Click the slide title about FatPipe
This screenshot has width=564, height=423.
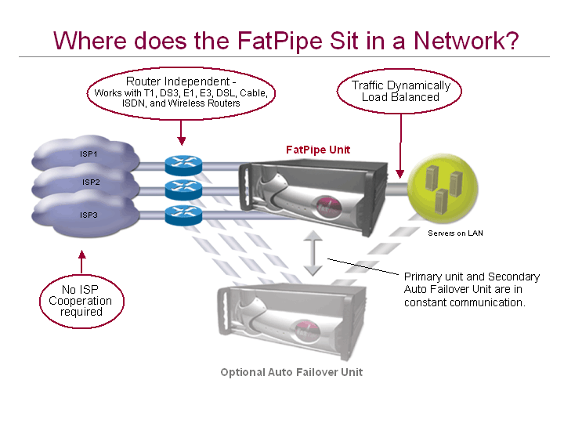[x=285, y=40]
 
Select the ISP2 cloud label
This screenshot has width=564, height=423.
[x=91, y=183]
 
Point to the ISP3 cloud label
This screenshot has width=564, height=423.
[x=88, y=214]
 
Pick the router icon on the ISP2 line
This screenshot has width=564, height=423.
[x=182, y=190]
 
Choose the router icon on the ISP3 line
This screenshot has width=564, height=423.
[x=182, y=215]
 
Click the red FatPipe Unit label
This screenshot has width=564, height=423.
[x=317, y=149]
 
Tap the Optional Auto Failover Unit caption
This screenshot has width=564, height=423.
[x=291, y=371]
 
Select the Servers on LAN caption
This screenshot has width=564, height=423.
[x=455, y=233]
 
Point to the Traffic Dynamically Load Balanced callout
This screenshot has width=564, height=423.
[x=400, y=91]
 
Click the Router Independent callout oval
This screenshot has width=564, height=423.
[x=181, y=92]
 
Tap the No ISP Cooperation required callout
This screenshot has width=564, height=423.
[x=81, y=301]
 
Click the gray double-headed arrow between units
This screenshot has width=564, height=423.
[x=313, y=253]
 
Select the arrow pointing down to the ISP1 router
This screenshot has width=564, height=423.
[x=182, y=132]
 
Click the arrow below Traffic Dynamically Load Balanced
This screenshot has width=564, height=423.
[x=400, y=142]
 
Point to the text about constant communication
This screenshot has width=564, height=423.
[x=471, y=289]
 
